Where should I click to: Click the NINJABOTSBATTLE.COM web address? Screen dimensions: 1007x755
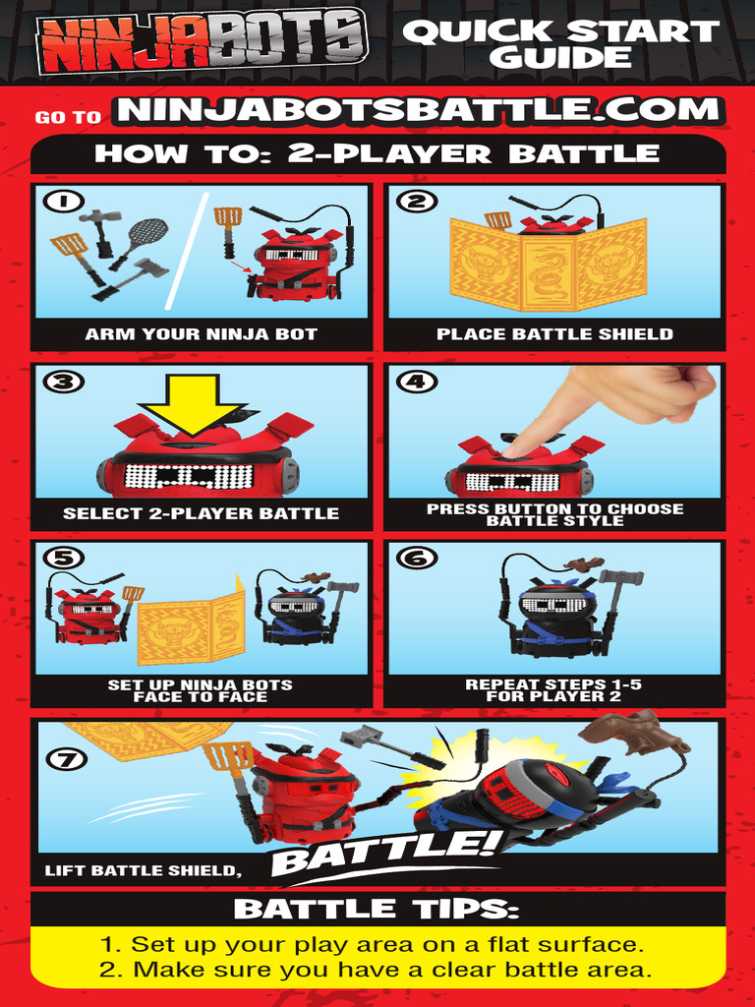[x=419, y=110]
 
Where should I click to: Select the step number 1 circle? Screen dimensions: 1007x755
[x=63, y=202]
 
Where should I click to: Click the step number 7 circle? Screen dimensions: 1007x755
[x=63, y=758]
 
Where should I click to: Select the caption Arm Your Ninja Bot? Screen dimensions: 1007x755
[x=201, y=334]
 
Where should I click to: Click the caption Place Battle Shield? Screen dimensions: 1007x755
[x=554, y=334]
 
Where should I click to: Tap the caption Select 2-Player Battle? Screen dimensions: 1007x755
[x=201, y=513]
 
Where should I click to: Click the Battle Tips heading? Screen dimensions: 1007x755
[x=377, y=909]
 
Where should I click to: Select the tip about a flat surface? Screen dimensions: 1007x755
[x=377, y=945]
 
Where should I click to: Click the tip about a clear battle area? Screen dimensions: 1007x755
[x=377, y=971]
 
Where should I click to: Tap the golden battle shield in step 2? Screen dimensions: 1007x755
[x=548, y=264]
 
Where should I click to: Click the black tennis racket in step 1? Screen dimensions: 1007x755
[x=145, y=233]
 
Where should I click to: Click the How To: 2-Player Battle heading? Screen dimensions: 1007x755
[x=377, y=154]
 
